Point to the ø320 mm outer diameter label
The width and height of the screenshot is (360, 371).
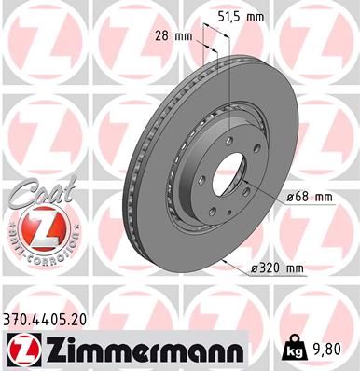tap(277, 268)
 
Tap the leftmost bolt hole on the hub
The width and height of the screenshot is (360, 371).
tap(193, 177)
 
